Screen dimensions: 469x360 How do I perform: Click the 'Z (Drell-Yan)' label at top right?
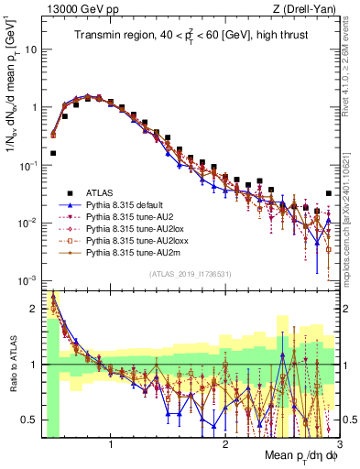(x=302, y=8)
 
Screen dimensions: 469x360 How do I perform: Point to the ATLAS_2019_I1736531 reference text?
(x=191, y=274)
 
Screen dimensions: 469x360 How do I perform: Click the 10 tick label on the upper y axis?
(x=30, y=49)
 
